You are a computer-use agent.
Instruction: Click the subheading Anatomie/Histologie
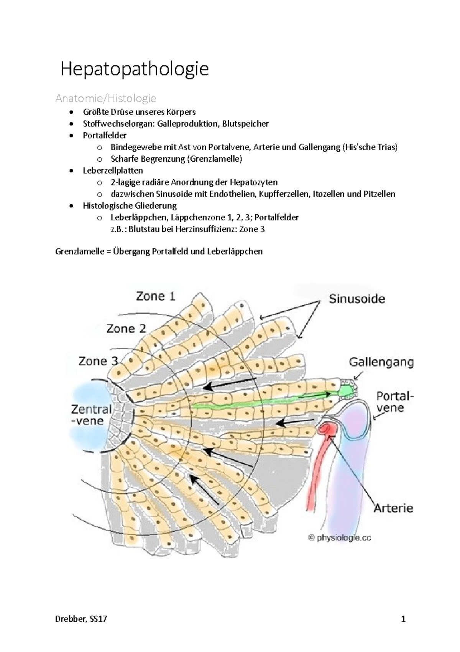[x=106, y=99]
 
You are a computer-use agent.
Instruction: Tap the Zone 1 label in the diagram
[x=156, y=296]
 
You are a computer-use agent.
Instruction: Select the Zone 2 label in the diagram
[x=126, y=329]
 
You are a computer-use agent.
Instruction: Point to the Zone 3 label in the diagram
[x=99, y=361]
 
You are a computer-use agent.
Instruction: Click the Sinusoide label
[x=357, y=299]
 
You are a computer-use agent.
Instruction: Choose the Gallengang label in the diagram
[x=381, y=362]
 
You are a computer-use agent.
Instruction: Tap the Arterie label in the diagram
[x=393, y=508]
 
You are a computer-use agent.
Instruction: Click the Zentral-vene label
[x=92, y=415]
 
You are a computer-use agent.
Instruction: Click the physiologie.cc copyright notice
[x=340, y=538]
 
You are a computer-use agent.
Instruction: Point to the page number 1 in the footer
[x=403, y=619]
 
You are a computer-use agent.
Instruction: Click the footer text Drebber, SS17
[x=81, y=619]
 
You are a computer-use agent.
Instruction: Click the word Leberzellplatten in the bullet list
[x=113, y=170]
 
